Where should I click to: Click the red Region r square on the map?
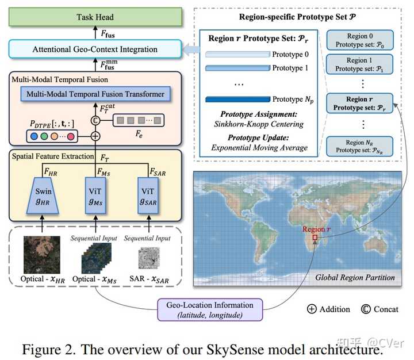point(315,238)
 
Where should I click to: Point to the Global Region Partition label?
point(355,277)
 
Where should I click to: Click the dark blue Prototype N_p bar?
point(237,99)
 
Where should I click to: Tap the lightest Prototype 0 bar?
point(237,55)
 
